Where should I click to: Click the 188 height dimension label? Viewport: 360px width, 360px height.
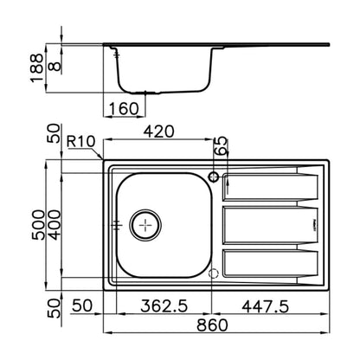pos(36,67)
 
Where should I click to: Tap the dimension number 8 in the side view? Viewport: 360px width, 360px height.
pos(55,66)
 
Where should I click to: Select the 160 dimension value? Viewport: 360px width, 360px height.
pos(124,108)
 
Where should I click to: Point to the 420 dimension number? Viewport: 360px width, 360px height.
pos(159,132)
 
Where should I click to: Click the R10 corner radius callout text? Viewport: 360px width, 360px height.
pos(80,141)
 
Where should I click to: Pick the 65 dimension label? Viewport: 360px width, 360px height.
pos(222,146)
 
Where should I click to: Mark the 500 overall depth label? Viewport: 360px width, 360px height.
pos(38,225)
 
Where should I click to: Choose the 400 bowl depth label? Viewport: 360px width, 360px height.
pos(55,225)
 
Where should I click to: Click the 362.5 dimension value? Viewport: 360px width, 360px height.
pos(164,305)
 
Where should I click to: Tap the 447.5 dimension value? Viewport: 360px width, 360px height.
pos(266,306)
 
